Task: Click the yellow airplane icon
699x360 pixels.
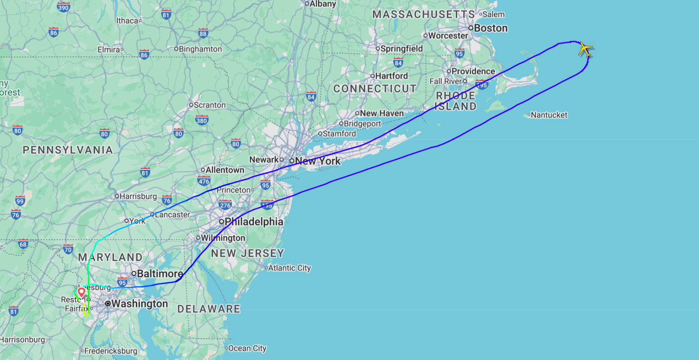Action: pyautogui.click(x=585, y=49)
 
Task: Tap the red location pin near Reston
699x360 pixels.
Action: pyautogui.click(x=81, y=292)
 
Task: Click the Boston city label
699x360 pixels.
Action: pyautogui.click(x=490, y=28)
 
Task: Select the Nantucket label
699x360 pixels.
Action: pyautogui.click(x=549, y=115)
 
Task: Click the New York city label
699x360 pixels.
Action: pyautogui.click(x=317, y=161)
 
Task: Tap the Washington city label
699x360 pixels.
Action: pyautogui.click(x=139, y=304)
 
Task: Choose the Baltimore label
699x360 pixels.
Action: pyautogui.click(x=160, y=274)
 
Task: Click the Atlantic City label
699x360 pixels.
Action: pyautogui.click(x=289, y=268)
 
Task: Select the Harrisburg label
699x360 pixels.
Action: pyautogui.click(x=138, y=196)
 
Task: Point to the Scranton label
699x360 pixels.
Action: pyautogui.click(x=209, y=105)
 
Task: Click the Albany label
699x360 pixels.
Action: pyautogui.click(x=322, y=4)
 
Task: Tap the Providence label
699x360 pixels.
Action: pyautogui.click(x=473, y=71)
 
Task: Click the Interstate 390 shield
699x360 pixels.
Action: pyautogui.click(x=63, y=7)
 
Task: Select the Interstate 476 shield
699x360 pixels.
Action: pyautogui.click(x=204, y=181)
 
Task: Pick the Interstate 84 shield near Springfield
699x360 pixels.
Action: pyautogui.click(x=398, y=63)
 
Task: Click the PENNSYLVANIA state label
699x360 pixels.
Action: pyautogui.click(x=68, y=150)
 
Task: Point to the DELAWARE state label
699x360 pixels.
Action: pyautogui.click(x=208, y=309)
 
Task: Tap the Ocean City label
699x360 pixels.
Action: pyautogui.click(x=247, y=348)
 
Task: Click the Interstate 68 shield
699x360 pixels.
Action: pyautogui.click(x=23, y=244)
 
